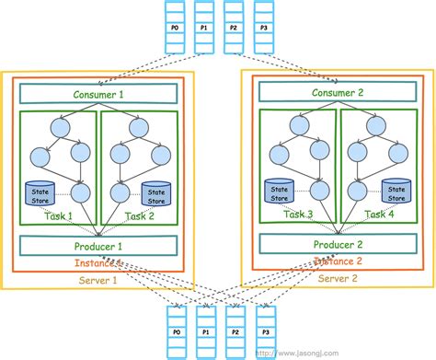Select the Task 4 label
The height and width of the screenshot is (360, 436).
[x=377, y=213]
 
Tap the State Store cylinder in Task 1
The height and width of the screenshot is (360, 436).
[x=39, y=194]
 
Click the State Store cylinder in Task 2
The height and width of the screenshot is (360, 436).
[x=157, y=193]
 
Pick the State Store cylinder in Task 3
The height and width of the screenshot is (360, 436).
[x=277, y=191]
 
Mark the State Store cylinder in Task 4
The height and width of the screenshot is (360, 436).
[x=396, y=191]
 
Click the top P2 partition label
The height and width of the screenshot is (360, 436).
[x=234, y=29]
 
